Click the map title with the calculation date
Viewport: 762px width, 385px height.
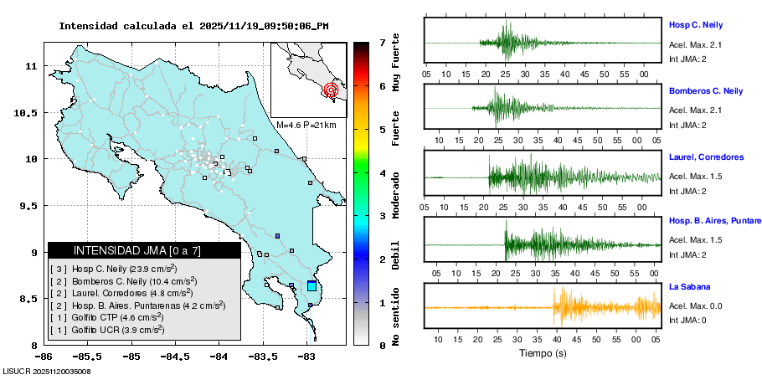coord(193,26)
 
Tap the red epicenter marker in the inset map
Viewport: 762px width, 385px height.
coord(331,89)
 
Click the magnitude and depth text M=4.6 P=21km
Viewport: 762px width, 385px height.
coord(306,125)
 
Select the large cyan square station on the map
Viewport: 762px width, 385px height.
coord(312,286)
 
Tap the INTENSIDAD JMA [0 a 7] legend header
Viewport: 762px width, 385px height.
coord(143,250)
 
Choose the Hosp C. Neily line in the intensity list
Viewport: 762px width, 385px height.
coord(113,269)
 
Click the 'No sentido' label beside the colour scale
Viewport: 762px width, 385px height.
coord(396,319)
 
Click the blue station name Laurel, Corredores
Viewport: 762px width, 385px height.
coord(706,157)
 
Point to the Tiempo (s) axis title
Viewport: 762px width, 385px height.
coord(542,353)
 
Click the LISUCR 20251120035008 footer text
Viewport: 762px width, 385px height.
coord(47,371)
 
